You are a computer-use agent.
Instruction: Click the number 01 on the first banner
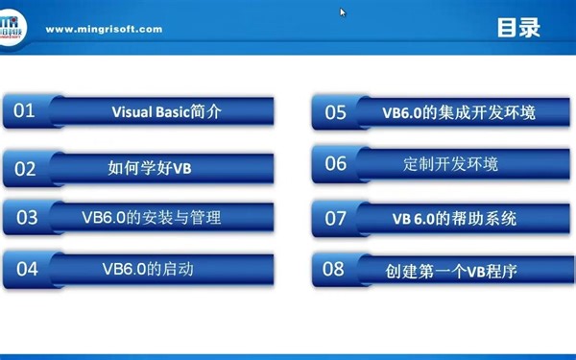click(x=24, y=110)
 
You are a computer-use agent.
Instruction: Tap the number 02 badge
click(x=25, y=169)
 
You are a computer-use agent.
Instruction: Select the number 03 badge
click(x=26, y=217)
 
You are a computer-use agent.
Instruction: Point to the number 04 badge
click(x=26, y=268)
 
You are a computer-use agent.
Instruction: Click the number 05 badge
click(x=335, y=112)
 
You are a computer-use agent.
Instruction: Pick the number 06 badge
click(x=335, y=163)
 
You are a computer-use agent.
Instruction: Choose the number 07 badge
click(x=335, y=218)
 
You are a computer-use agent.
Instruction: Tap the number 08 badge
click(x=333, y=269)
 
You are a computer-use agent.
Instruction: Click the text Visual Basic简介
click(x=166, y=111)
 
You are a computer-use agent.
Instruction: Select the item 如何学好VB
click(x=150, y=168)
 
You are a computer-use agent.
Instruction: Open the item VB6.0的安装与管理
click(x=151, y=217)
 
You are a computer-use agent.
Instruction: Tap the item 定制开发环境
click(x=450, y=163)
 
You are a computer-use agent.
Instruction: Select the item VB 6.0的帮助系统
click(x=454, y=218)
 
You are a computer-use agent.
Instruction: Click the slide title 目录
click(x=518, y=28)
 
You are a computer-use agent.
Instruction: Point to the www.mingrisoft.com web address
click(x=104, y=29)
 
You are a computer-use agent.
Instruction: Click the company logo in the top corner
click(x=17, y=25)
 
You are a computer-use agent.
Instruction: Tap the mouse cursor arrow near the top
click(x=342, y=12)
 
